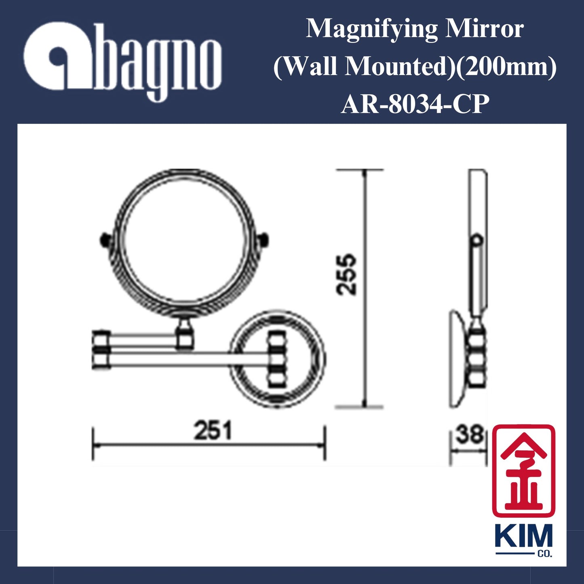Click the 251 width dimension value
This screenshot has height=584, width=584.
click(x=213, y=430)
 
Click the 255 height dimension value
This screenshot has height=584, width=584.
click(x=347, y=274)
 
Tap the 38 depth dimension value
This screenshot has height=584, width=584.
click(x=469, y=435)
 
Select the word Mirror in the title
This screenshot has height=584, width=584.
click(x=484, y=29)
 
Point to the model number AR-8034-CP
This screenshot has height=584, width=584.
click(x=415, y=104)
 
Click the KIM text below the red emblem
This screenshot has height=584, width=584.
click(x=523, y=536)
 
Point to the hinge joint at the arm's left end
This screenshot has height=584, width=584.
click(x=101, y=350)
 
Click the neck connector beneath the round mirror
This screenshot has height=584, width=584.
click(x=185, y=331)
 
